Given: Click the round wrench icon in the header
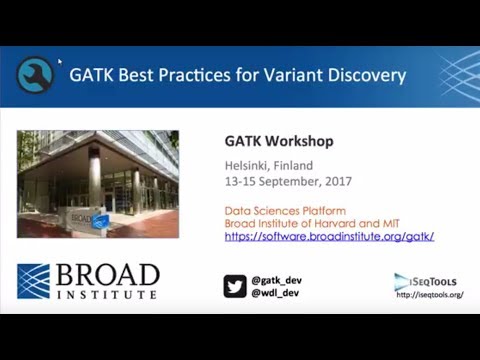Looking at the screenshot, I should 35,75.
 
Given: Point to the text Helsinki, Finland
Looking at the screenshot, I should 266,165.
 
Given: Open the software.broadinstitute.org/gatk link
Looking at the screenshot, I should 329,237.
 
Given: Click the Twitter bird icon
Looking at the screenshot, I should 235,286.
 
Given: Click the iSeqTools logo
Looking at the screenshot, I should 425,281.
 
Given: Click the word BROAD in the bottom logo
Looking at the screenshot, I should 106,275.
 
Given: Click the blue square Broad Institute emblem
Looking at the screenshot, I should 33,281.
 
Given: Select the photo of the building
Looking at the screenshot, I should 98,184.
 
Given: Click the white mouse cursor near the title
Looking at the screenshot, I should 60,62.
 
